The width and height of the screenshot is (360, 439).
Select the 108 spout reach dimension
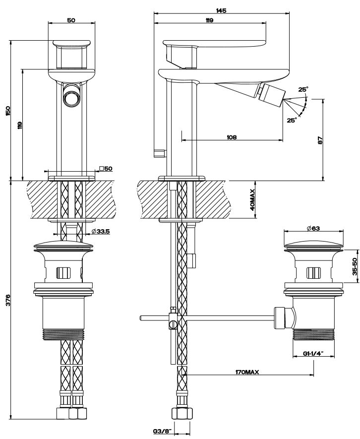232,137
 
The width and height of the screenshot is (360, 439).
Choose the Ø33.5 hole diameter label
101,231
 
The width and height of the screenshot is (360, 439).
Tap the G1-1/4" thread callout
312,354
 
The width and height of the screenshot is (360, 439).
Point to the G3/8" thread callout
162,431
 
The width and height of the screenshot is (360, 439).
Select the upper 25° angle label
302,89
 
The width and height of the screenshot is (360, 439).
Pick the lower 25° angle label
292,120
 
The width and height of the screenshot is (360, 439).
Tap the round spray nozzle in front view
70,95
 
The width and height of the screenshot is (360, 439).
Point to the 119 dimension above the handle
210,20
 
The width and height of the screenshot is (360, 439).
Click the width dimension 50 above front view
70,20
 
